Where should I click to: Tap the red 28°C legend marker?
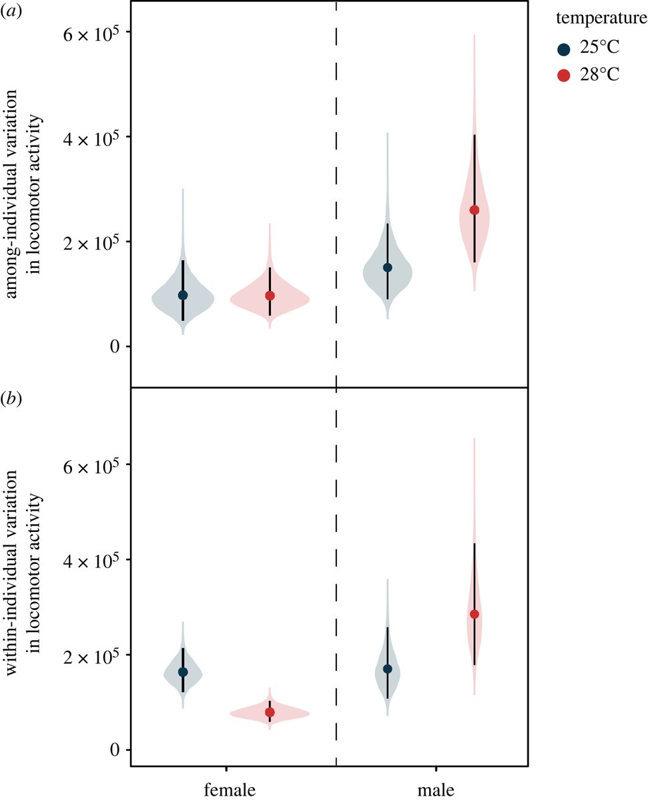pyautogui.click(x=564, y=75)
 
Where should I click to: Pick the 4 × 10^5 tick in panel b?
pyautogui.click(x=88, y=559)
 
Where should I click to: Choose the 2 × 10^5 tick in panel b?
pyautogui.click(x=88, y=655)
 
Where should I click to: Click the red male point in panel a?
pyautogui.click(x=474, y=210)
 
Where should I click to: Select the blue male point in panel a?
pyautogui.click(x=387, y=268)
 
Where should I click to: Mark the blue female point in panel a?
pyautogui.click(x=183, y=295)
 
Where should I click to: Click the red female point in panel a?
pyautogui.click(x=270, y=296)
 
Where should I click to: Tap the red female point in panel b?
pyautogui.click(x=270, y=713)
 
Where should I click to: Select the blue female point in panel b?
pyautogui.click(x=183, y=672)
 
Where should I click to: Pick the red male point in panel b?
pyautogui.click(x=474, y=614)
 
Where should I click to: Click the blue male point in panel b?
pyautogui.click(x=387, y=669)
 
